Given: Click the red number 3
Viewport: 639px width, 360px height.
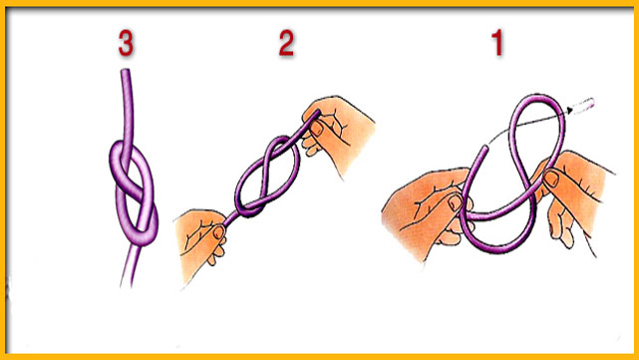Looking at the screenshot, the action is pos(126,43).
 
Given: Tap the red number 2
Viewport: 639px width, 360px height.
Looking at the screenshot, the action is pos(286,43).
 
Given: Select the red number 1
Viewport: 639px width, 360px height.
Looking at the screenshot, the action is pos(497,43).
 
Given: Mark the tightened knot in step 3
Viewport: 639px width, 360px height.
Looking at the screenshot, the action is pos(134,192).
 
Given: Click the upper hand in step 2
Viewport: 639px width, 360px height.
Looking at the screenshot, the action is pos(337,132).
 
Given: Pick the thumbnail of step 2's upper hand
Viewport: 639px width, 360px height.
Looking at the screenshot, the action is pos(317,128).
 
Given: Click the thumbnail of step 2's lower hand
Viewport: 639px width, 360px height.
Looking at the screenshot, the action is pos(219,232).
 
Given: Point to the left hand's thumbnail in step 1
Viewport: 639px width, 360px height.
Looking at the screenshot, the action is pos(456,202).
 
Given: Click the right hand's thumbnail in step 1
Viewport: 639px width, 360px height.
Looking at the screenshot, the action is pos(551,179).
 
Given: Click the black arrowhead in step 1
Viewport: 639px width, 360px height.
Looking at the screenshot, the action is pos(570,110).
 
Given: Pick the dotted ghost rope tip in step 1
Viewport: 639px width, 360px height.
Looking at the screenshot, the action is pos(583,105).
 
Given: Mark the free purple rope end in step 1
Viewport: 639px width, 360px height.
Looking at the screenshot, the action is pos(484,148).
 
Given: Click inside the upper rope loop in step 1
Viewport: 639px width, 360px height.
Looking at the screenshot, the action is pos(538,139).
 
